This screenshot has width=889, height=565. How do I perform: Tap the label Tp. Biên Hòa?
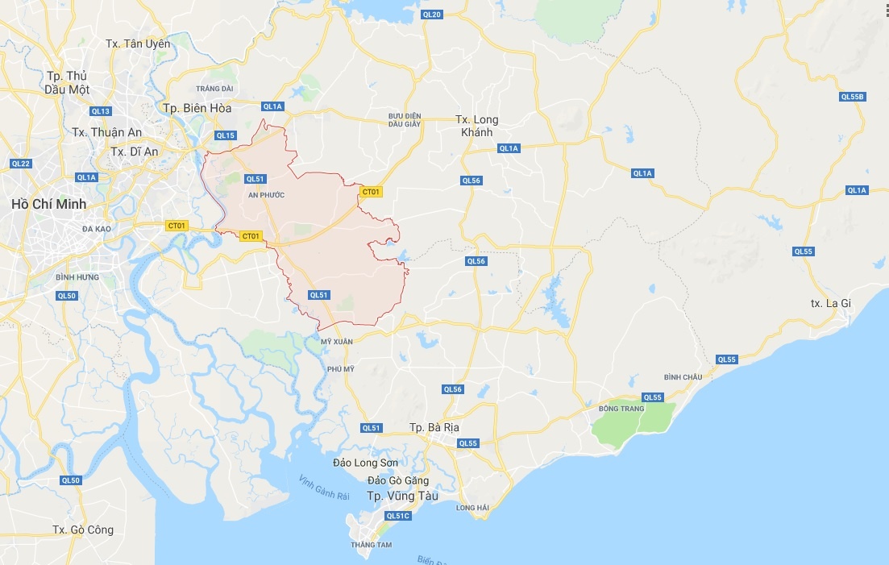pos(197,108)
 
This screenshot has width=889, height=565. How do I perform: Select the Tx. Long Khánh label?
pos(477,126)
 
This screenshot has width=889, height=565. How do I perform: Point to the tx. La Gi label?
pos(830,303)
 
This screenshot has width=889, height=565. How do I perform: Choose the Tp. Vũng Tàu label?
pos(402,496)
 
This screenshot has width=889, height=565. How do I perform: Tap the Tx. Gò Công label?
pos(83,530)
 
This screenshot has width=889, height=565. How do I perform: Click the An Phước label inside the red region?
pos(266,195)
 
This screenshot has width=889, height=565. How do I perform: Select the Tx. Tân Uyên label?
pos(138,44)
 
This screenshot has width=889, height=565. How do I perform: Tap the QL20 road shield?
pos(432,15)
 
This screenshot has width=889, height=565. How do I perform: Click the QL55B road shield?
pos(852,97)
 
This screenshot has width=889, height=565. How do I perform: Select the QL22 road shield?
pos(20,164)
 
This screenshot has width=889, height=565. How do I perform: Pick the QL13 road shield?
pos(101,111)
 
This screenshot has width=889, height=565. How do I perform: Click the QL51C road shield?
pos(398,516)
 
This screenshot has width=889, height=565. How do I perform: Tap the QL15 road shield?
pos(226,135)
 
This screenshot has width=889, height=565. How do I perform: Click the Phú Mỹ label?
pos(341,368)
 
